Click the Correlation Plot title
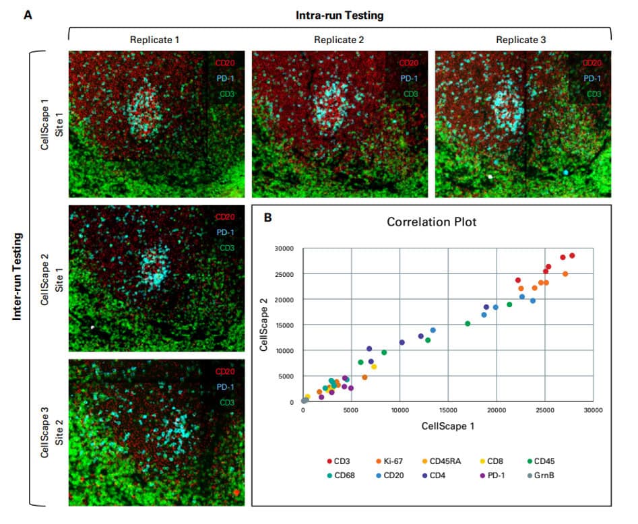(431, 222)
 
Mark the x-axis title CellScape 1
(447, 426)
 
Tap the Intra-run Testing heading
(340, 13)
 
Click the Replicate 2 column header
(339, 40)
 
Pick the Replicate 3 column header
(521, 40)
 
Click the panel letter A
(28, 13)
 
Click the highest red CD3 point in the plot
(572, 255)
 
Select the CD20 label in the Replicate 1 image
(226, 64)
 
